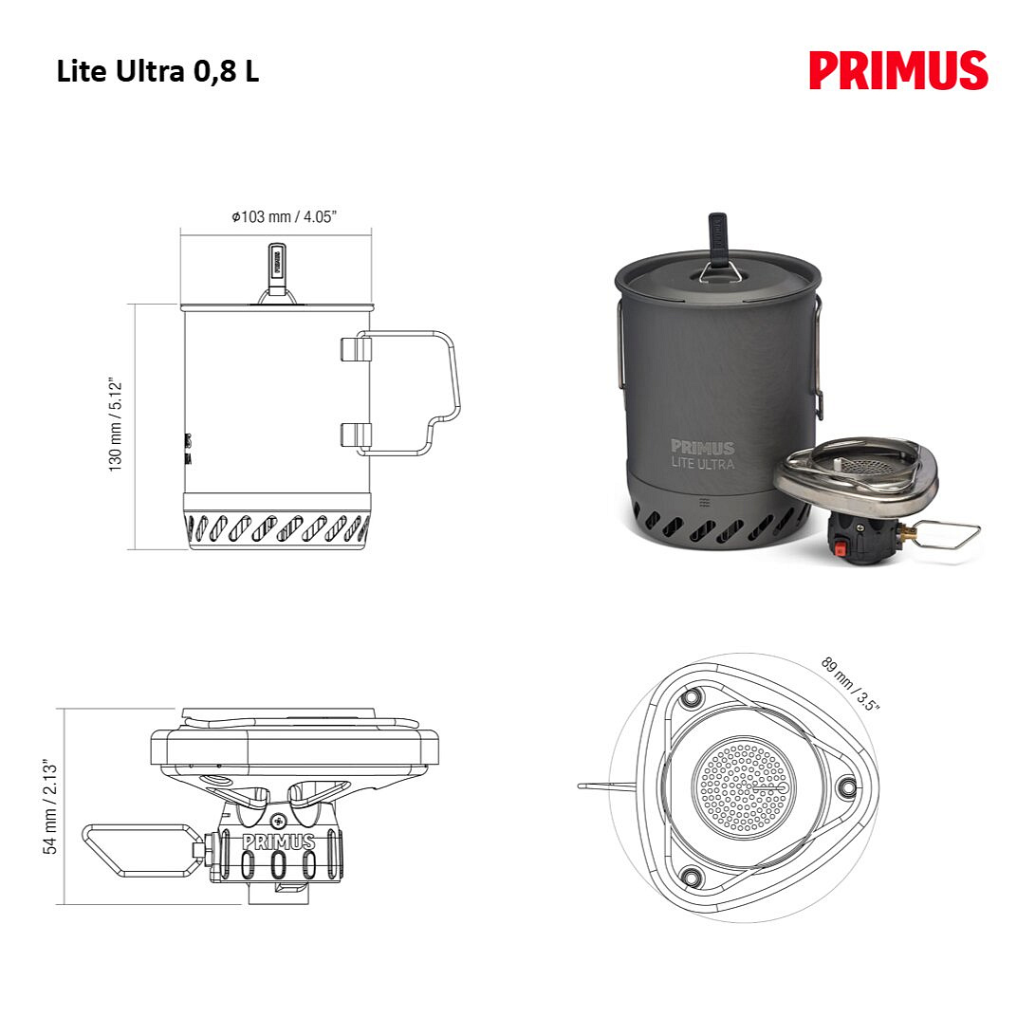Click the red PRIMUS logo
(x=898, y=70)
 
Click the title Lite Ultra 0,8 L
(x=157, y=71)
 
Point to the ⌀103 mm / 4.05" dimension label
(x=285, y=216)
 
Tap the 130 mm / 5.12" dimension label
(x=116, y=424)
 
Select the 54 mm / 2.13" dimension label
(x=50, y=806)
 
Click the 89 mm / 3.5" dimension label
(x=850, y=684)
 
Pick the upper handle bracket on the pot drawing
(x=356, y=349)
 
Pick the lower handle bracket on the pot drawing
(x=356, y=435)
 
